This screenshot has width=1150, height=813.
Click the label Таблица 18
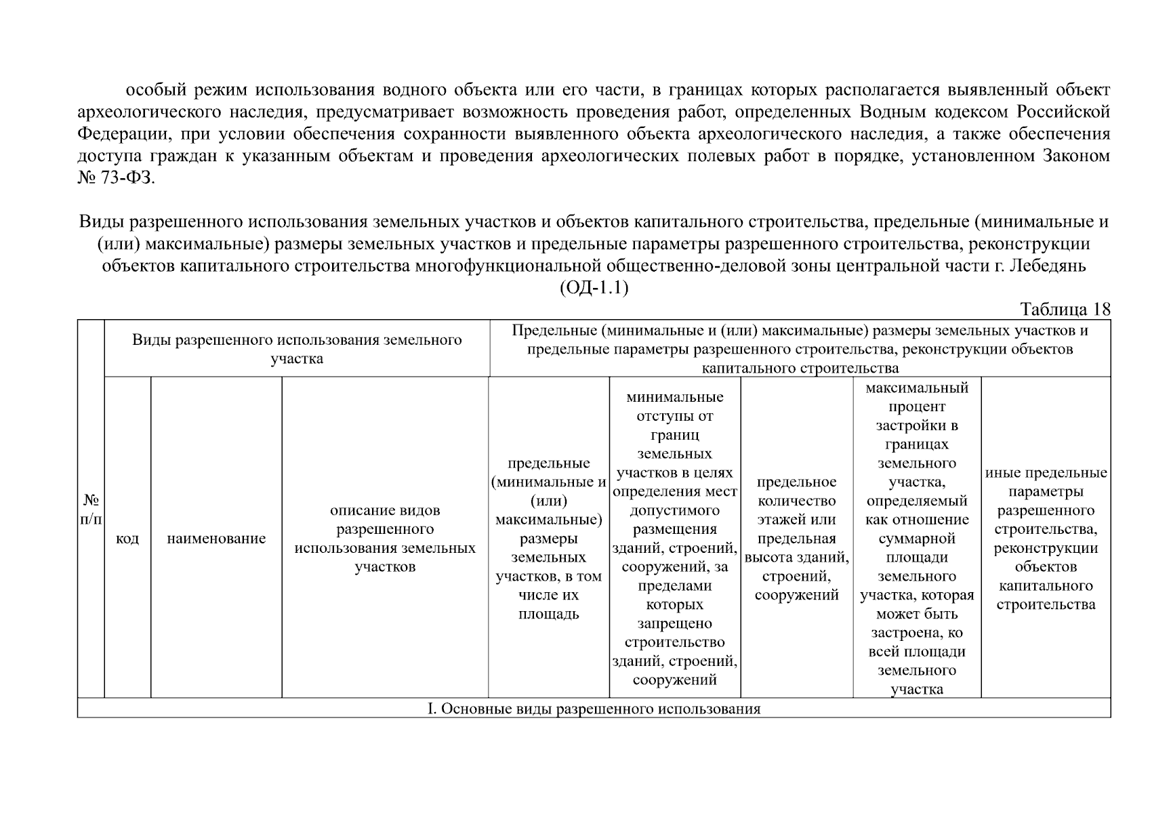[x=1065, y=310]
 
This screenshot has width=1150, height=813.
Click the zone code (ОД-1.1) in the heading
[x=594, y=288]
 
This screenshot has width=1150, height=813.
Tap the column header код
[x=127, y=539]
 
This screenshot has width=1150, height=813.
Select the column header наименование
[x=216, y=539]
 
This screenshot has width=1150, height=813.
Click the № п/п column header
[x=91, y=509]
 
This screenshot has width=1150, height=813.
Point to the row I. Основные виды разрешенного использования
[x=594, y=709]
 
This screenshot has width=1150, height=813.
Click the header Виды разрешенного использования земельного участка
[x=297, y=349]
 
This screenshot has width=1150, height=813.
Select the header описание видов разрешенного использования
[x=385, y=538]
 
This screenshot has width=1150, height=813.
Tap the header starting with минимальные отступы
[x=674, y=538]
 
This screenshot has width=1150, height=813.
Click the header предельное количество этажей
[x=796, y=538]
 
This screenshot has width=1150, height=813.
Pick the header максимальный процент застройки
[x=916, y=538]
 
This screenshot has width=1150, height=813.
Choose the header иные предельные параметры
[x=1046, y=538]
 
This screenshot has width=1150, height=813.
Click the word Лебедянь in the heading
[x=1049, y=266]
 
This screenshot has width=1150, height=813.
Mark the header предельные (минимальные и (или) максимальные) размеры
[x=548, y=538]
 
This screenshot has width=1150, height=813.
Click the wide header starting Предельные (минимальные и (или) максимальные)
[x=800, y=349]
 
